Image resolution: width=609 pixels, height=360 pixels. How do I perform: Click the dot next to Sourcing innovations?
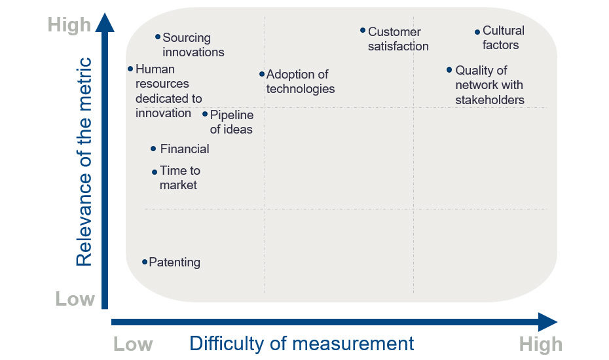(158, 37)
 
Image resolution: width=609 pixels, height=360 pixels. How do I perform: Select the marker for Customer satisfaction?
(362, 30)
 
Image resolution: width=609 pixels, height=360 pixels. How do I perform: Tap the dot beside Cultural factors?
(477, 32)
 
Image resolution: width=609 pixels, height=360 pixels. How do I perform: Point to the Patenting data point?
(145, 262)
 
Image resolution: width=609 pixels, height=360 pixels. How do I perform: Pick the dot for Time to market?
(155, 171)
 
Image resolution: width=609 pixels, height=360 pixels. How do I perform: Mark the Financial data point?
(153, 149)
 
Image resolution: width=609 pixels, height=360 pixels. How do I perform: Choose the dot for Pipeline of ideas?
(205, 114)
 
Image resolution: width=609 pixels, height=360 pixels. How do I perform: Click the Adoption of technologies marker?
(262, 74)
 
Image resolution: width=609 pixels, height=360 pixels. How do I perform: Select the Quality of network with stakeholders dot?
(449, 70)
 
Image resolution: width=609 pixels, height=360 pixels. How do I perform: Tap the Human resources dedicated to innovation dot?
(130, 69)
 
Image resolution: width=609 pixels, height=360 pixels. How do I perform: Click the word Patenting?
(175, 262)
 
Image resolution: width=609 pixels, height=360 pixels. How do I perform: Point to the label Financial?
(185, 149)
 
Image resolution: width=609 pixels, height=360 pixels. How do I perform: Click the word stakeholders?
(490, 99)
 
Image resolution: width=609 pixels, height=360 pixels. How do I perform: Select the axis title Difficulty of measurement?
(302, 344)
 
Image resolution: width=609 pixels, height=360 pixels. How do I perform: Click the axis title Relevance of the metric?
(84, 162)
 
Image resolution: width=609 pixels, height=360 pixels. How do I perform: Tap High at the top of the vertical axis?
(69, 26)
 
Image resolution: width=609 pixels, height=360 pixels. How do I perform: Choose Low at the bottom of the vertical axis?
(75, 299)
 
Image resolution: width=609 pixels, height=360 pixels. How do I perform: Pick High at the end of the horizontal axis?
(541, 344)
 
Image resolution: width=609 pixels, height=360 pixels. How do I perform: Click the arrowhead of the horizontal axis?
(547, 322)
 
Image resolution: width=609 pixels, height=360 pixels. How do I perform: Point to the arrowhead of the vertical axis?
(105, 22)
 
